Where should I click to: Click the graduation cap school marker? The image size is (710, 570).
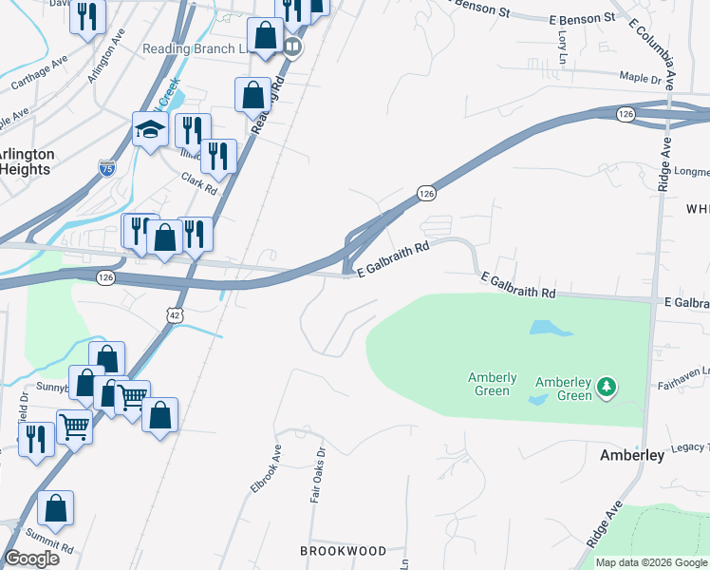(150, 131)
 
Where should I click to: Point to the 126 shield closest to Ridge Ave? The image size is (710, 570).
(625, 114)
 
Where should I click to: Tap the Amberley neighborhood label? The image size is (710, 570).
(631, 456)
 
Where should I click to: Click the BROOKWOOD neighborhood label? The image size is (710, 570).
(343, 551)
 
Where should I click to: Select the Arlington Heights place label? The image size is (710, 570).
(26, 161)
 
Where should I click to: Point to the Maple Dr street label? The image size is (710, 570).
(639, 79)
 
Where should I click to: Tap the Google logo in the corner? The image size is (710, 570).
(32, 559)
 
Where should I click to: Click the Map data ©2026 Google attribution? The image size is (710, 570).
(650, 562)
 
